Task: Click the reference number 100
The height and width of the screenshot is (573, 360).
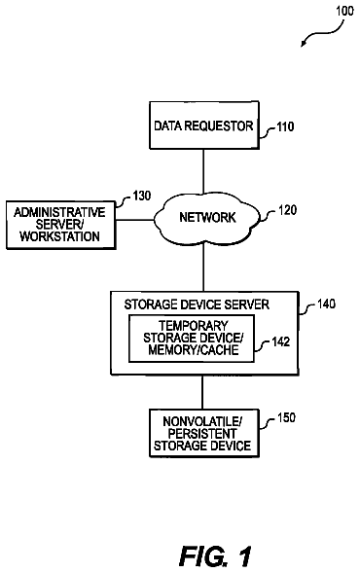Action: (x=344, y=11)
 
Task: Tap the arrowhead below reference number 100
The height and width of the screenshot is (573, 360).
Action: (x=304, y=44)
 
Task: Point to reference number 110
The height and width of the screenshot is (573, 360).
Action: (x=285, y=126)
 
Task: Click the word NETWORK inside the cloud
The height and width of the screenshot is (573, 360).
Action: (x=207, y=218)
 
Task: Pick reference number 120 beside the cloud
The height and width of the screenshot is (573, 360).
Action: (x=287, y=210)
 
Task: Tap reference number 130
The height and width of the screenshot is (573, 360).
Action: (x=141, y=196)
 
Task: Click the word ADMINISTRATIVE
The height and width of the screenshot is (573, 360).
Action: (x=59, y=212)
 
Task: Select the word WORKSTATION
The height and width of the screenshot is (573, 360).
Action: (x=60, y=236)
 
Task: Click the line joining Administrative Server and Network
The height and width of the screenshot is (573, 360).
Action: (x=134, y=220)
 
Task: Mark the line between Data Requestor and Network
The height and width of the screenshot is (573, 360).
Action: (x=203, y=171)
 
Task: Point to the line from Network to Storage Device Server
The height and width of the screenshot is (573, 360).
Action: (x=203, y=268)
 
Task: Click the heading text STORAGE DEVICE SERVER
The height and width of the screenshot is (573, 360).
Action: (x=197, y=304)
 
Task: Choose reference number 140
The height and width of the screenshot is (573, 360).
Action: (x=326, y=304)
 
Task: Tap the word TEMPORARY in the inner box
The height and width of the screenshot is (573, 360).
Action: (x=194, y=326)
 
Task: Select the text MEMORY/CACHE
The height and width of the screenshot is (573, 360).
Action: (x=194, y=349)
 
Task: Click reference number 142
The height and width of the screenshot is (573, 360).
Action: (x=280, y=341)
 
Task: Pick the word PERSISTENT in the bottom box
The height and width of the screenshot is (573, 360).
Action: (x=202, y=434)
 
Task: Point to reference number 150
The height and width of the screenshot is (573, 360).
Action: (x=286, y=417)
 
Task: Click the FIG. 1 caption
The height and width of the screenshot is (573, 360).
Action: (x=215, y=556)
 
